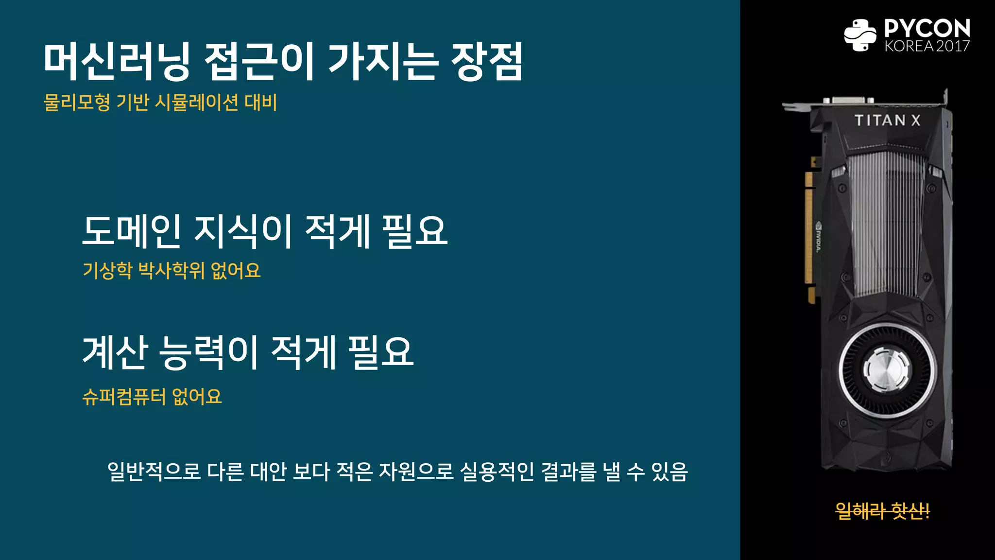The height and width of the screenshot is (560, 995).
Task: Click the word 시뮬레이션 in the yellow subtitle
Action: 196,103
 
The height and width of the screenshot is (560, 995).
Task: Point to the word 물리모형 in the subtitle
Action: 77,103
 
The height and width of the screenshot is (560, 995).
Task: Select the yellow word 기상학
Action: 107,270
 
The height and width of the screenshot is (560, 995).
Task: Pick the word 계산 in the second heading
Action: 115,352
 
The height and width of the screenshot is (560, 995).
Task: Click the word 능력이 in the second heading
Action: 209,352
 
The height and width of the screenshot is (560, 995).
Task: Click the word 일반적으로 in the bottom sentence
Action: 154,471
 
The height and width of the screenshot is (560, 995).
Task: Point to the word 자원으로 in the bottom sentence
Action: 415,471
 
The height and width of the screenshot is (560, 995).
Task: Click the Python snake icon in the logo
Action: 860,35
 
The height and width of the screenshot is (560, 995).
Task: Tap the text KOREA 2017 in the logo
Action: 927,46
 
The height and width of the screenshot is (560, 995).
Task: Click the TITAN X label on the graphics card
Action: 887,120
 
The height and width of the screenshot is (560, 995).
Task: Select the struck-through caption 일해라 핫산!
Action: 882,511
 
